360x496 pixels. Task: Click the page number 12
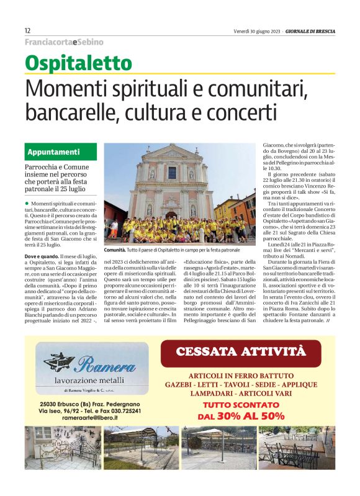[28, 30]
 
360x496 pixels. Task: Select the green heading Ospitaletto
[78, 63]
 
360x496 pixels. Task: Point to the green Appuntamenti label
[53, 151]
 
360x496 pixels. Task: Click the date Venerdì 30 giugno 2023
[257, 30]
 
